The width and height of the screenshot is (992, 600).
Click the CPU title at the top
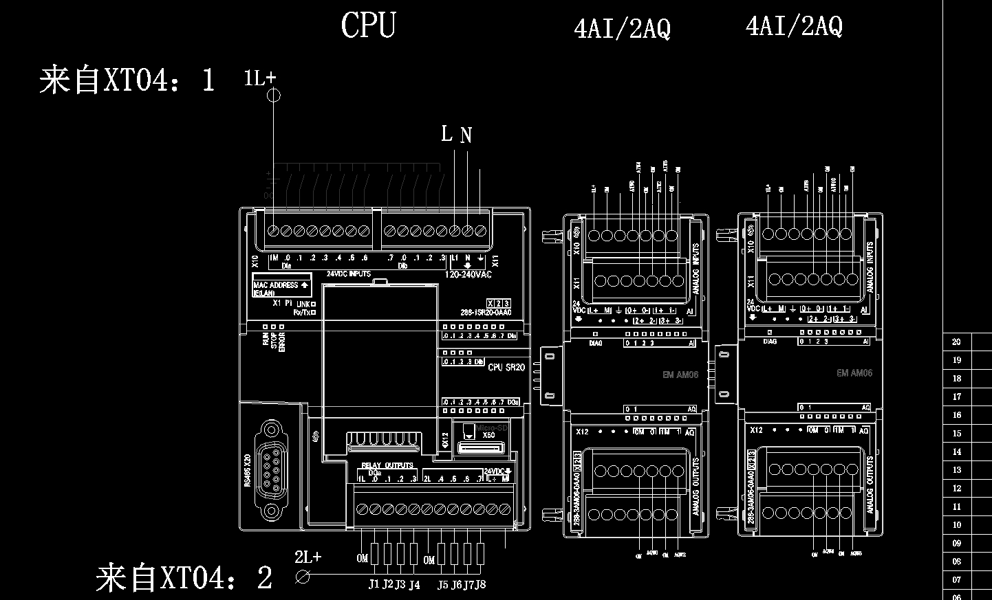[x=368, y=25]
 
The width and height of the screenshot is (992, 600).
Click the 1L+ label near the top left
[x=259, y=78]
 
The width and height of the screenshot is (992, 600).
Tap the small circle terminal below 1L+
[x=273, y=95]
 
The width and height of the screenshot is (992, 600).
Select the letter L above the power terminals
[x=447, y=133]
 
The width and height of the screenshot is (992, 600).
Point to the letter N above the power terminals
[x=466, y=135]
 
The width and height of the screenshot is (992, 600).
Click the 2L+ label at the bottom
[x=308, y=557]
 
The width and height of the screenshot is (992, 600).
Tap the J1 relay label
[x=374, y=584]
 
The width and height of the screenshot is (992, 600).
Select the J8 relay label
[x=479, y=585]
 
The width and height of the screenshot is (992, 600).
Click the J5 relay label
[x=442, y=585]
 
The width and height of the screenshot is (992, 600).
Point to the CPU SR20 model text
[x=506, y=367]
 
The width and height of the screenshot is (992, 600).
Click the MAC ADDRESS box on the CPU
[x=281, y=285]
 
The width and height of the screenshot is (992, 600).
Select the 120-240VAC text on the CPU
[x=468, y=274]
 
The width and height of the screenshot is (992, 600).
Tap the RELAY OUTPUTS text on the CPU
[x=387, y=465]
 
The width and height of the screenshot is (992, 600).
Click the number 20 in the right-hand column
[x=956, y=342]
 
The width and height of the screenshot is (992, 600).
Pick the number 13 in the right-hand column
[x=956, y=470]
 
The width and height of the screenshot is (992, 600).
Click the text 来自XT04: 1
[x=127, y=80]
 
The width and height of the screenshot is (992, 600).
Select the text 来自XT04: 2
[x=184, y=577]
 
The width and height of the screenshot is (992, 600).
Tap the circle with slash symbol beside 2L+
[x=302, y=577]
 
